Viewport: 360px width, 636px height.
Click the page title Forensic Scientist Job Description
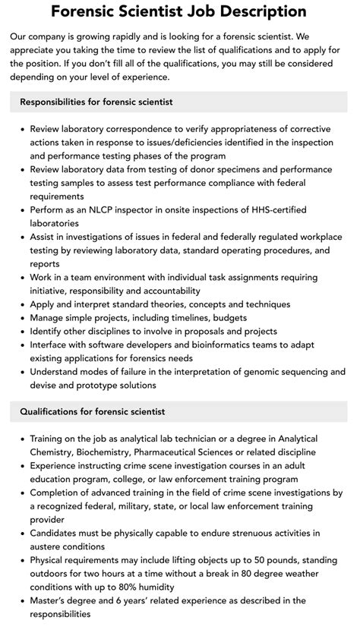[180, 11]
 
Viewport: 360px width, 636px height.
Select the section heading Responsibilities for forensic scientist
[96, 102]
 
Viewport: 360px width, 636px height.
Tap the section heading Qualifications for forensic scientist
[92, 411]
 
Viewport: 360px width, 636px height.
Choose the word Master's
[50, 600]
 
